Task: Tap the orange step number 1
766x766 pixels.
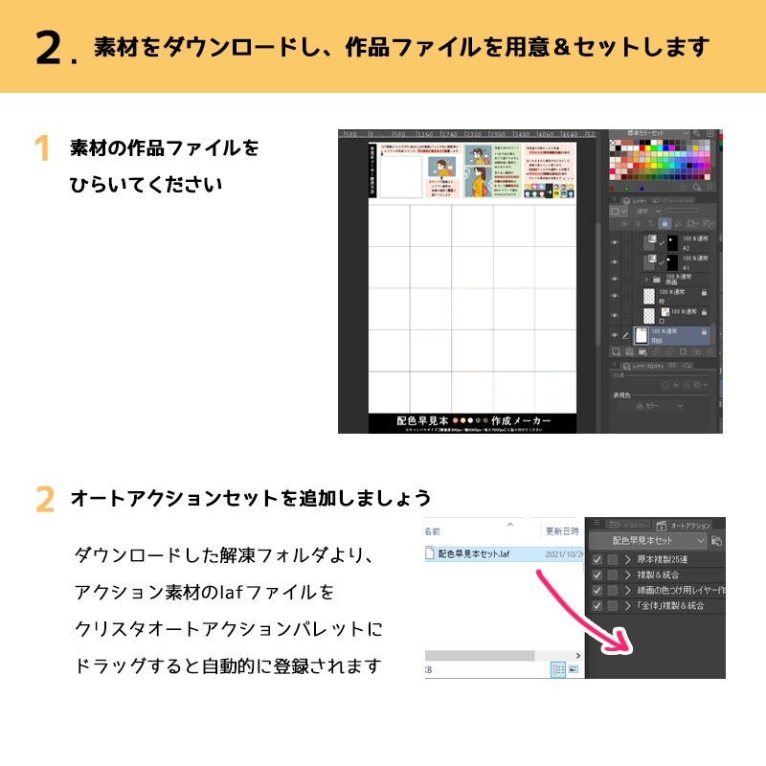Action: tap(41, 149)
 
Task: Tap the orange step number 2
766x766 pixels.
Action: tap(44, 500)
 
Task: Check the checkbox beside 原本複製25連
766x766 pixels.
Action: tap(597, 560)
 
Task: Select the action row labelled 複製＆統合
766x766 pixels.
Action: tap(661, 575)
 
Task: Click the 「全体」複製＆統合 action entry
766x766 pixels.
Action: tap(670, 606)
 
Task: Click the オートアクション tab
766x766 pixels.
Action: tap(689, 526)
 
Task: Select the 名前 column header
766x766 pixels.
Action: tap(433, 529)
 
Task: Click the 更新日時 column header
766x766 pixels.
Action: tap(562, 530)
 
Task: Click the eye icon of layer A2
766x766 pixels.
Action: tap(615, 241)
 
